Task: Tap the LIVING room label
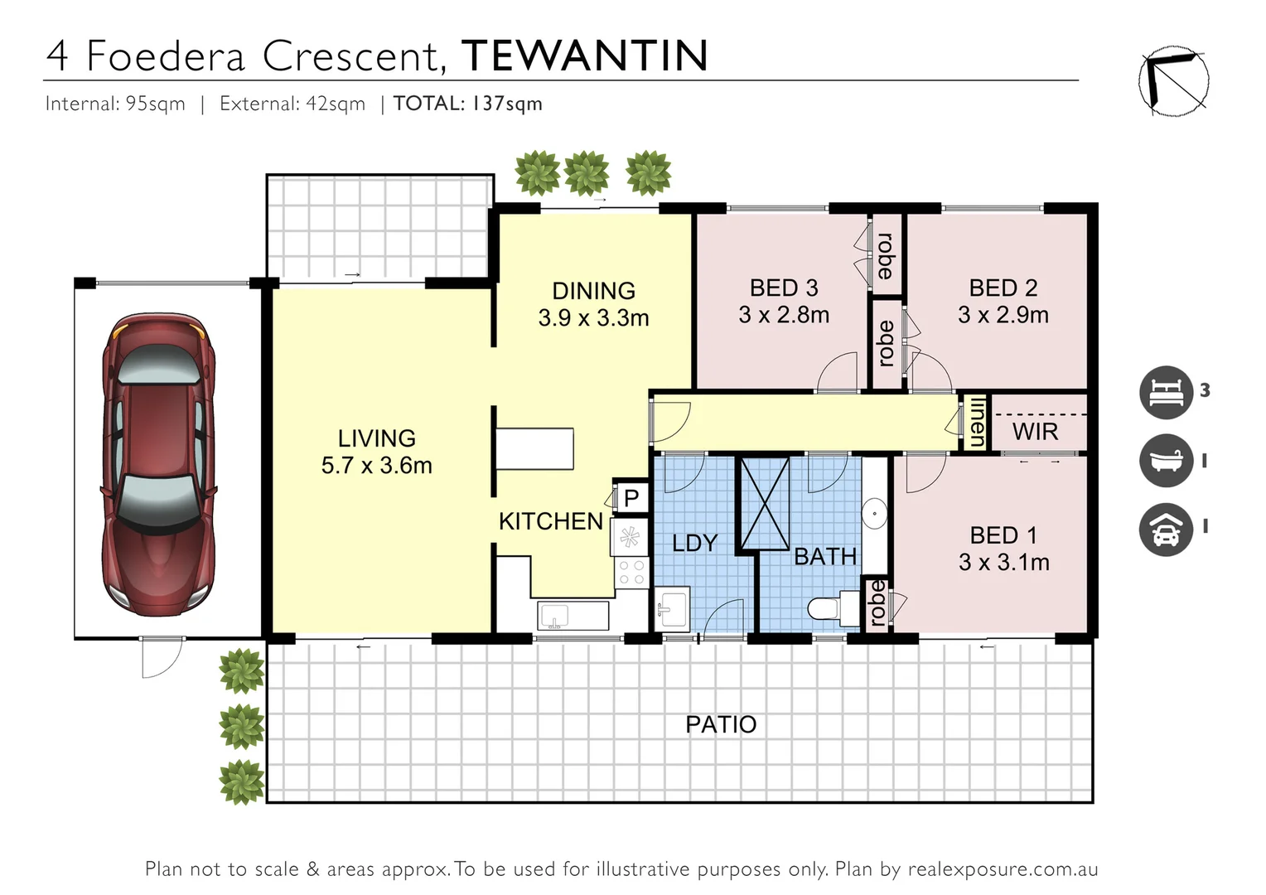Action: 376,438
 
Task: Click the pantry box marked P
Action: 631,497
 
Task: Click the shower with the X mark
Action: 764,502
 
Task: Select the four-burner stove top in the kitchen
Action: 631,572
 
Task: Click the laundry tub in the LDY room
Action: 672,610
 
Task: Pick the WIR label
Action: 1035,432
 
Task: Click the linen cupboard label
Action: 977,423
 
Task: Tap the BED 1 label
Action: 1003,535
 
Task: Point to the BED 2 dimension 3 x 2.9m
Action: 1003,315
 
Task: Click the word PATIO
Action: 721,725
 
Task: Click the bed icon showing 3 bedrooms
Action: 1166,391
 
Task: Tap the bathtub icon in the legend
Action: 1166,460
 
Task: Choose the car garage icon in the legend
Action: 1166,529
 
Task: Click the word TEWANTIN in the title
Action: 584,56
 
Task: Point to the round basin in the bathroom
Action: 874,514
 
